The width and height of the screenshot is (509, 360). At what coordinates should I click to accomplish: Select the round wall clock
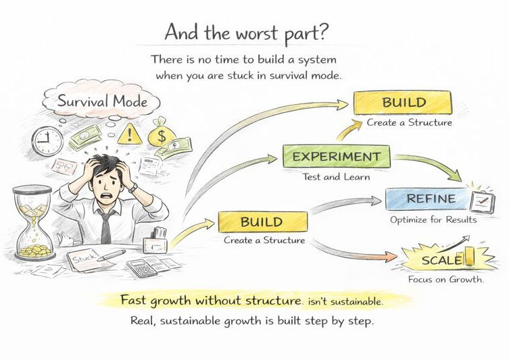47,140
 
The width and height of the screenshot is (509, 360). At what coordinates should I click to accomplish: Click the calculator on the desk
142,267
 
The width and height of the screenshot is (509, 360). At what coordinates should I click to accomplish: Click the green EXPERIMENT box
336,157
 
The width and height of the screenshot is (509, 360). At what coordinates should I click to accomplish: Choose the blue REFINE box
429,199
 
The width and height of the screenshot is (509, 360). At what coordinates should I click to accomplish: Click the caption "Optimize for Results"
433,220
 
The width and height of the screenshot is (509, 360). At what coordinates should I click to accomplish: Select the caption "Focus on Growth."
445,279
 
